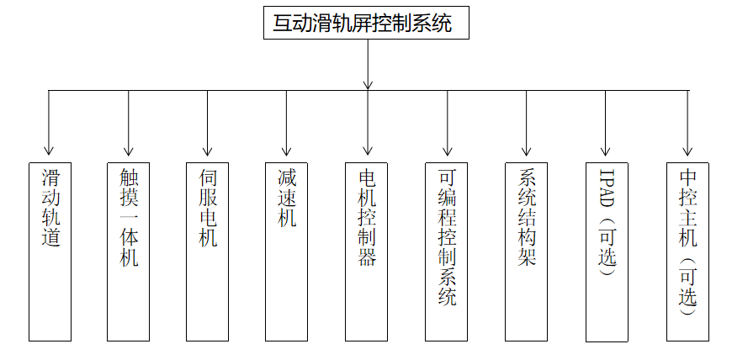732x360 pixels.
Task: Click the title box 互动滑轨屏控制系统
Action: click(366, 23)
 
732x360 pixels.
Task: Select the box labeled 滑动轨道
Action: click(50, 251)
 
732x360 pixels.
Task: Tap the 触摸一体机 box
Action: click(129, 251)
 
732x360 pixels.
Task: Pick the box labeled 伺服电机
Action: click(207, 251)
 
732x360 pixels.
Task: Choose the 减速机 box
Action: click(287, 251)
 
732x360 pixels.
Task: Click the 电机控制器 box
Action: click(367, 251)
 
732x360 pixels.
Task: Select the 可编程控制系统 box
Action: click(446, 251)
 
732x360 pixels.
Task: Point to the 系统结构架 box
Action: click(526, 251)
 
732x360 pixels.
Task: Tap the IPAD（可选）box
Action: click(607, 251)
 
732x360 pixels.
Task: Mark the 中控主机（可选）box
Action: click(687, 251)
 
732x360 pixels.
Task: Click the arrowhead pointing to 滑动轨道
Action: click(49, 151)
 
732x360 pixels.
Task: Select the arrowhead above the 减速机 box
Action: click(287, 151)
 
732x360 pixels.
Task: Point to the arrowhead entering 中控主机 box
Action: click(687, 151)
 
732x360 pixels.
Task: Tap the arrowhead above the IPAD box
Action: click(606, 151)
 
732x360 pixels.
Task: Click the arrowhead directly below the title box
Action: click(368, 84)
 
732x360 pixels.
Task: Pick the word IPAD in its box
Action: click(607, 188)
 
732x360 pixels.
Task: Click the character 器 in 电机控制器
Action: click(367, 257)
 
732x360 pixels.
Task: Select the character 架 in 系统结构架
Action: click(527, 257)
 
